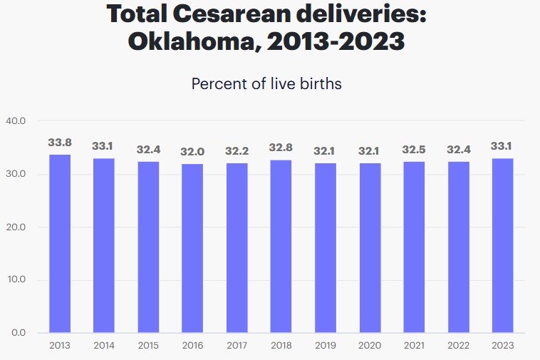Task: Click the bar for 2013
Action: pos(60,244)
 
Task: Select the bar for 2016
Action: pos(192,248)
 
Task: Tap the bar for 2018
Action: pos(281,246)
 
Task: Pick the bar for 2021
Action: pos(414,247)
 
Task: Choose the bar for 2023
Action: pos(502,245)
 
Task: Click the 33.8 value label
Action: pos(60,143)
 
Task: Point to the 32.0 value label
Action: pos(192,152)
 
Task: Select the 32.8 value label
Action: pos(281,148)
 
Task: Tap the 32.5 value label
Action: pos(414,150)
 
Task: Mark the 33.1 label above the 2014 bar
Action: pos(103,146)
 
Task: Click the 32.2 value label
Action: pos(237,151)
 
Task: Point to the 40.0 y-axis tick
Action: pos(15,121)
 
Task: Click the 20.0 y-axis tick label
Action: pos(15,227)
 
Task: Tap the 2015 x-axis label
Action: pos(148,346)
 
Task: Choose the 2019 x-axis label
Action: pos(325,346)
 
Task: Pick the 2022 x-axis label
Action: pos(458,346)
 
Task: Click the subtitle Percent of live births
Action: pos(266,83)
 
